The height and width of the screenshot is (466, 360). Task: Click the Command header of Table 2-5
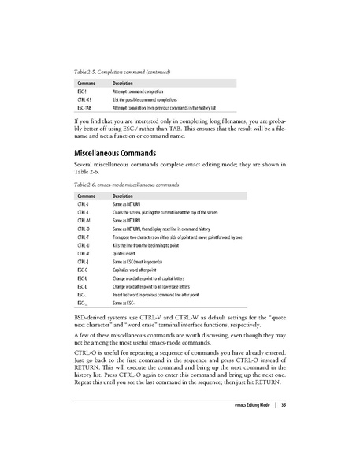[86, 83]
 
